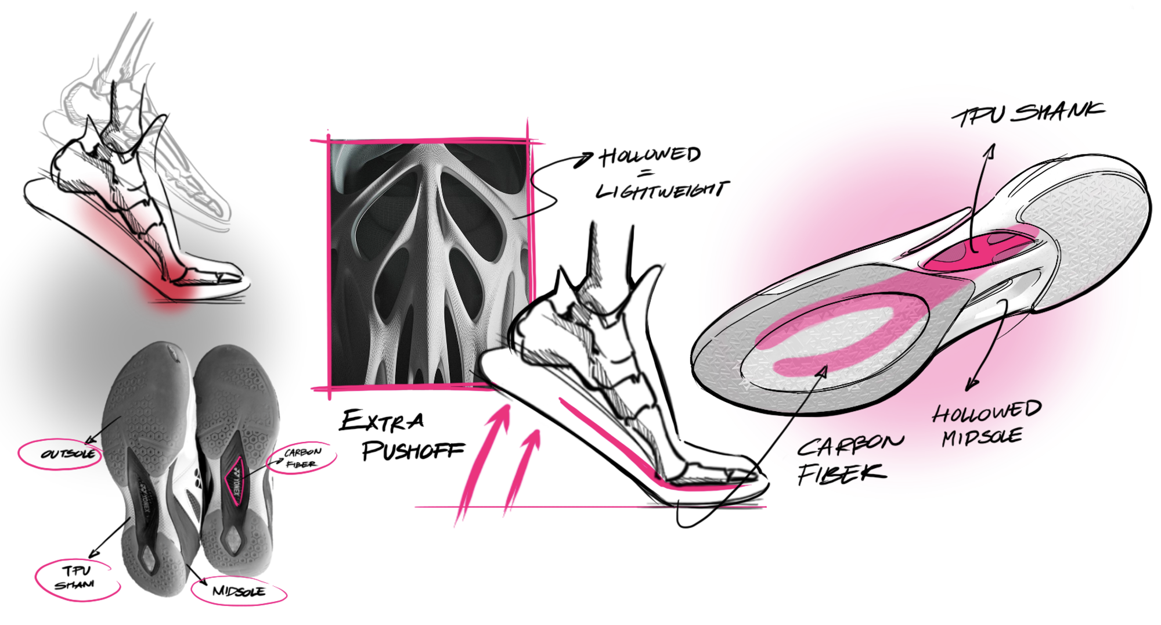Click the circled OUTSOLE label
[x=67, y=454]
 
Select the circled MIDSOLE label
[x=239, y=591]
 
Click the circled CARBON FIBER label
[x=302, y=457]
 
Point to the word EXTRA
[x=382, y=421]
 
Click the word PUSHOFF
[x=413, y=450]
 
